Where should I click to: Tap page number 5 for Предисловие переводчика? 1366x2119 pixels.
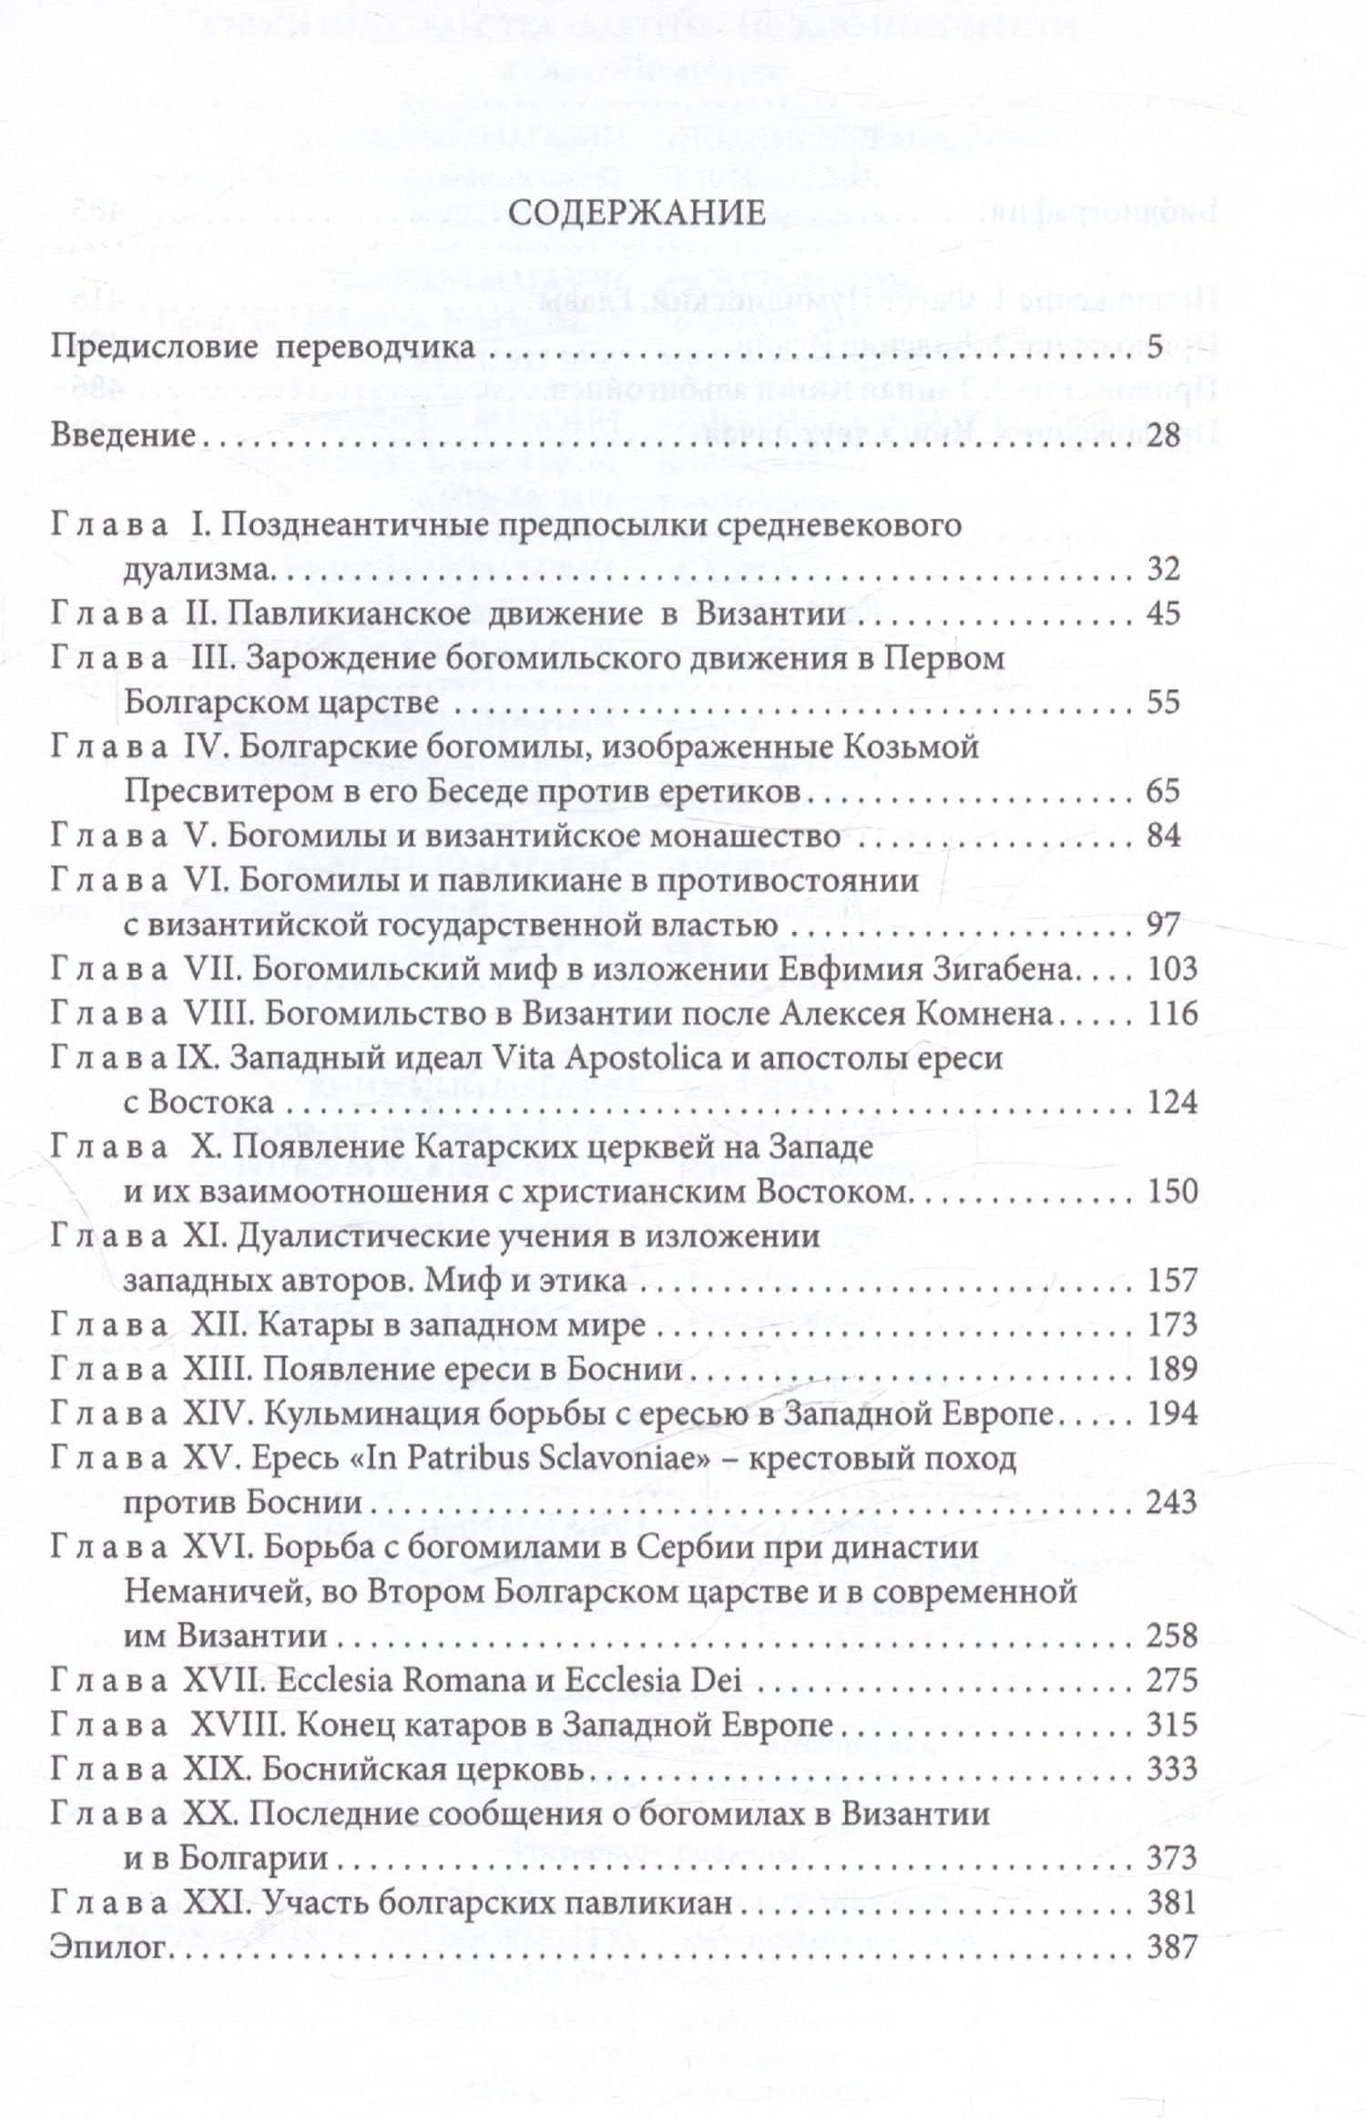point(1155,349)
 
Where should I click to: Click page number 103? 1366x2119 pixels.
point(1173,969)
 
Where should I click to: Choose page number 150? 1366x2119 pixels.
point(1173,1191)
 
